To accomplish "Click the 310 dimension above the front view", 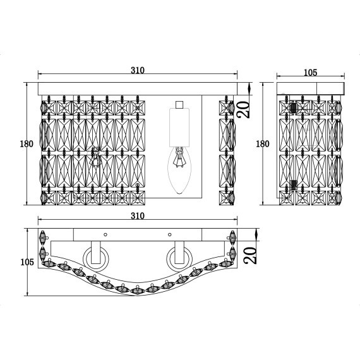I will [x=137, y=70].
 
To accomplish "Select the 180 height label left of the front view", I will [x=26, y=143].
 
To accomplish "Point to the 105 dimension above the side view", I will [x=309, y=73].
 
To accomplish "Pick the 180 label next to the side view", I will [x=262, y=143].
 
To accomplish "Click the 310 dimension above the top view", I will [x=137, y=216].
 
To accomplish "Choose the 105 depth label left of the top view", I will [x=27, y=261].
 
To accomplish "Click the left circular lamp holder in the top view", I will [x=97, y=256].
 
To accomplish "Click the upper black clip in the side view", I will [x=293, y=107].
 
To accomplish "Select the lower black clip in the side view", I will [x=293, y=184].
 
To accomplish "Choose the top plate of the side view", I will [x=309, y=88].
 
